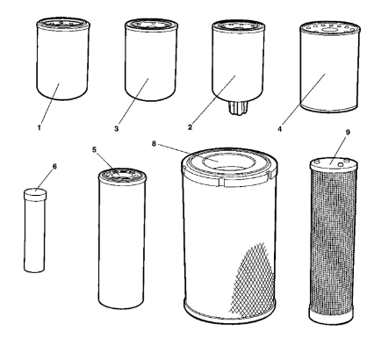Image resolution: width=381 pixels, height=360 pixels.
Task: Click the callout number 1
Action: click(39, 127)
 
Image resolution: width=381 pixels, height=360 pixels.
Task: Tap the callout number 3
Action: click(116, 128)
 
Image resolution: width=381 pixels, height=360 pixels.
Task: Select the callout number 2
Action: click(190, 127)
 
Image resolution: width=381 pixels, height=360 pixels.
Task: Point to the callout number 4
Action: click(280, 129)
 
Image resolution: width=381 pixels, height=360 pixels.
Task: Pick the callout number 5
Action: click(94, 149)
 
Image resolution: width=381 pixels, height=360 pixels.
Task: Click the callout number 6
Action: click(54, 166)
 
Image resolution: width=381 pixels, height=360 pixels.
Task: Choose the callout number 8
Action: click(155, 144)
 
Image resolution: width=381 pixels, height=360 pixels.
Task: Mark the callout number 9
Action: click(348, 133)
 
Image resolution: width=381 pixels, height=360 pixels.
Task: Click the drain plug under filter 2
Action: click(239, 107)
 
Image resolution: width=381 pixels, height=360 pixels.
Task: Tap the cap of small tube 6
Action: click(35, 195)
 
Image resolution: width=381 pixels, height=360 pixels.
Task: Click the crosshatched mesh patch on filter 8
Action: click(253, 281)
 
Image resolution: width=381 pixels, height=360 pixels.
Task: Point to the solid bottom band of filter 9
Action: click(331, 315)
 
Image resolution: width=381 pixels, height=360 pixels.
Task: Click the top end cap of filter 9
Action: click(334, 163)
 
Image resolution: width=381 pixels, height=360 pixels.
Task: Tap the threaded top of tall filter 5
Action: click(122, 176)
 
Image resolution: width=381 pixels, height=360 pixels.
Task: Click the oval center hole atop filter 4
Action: click(330, 29)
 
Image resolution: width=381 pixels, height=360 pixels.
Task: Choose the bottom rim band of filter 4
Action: click(329, 108)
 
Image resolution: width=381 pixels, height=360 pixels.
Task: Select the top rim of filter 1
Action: click(63, 24)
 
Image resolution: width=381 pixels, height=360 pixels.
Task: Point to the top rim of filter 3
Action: click(151, 25)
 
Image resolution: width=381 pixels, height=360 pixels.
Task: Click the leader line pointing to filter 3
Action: click(133, 101)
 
